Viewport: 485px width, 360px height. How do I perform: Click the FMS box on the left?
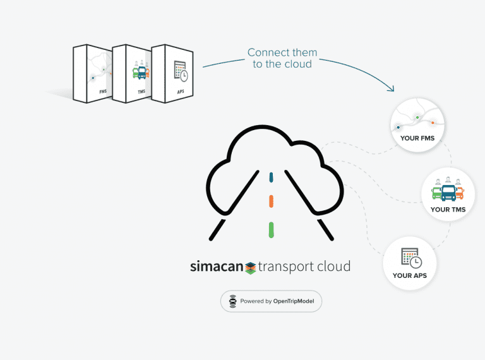click(x=92, y=75)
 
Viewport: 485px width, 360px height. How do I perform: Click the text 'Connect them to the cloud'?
click(x=282, y=58)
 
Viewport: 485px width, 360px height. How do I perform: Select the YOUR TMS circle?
click(x=448, y=194)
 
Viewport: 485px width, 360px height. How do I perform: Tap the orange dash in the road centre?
click(x=271, y=201)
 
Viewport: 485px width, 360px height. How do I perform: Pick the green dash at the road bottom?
click(x=271, y=229)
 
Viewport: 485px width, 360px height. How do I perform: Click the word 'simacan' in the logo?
click(x=217, y=267)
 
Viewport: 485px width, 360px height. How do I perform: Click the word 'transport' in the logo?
click(x=288, y=267)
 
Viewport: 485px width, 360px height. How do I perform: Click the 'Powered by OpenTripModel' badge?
click(x=271, y=301)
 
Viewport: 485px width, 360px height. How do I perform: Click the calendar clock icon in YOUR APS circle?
click(x=410, y=258)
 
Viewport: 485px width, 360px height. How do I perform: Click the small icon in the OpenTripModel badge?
click(x=232, y=301)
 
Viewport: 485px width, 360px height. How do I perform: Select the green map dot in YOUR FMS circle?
click(x=417, y=117)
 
